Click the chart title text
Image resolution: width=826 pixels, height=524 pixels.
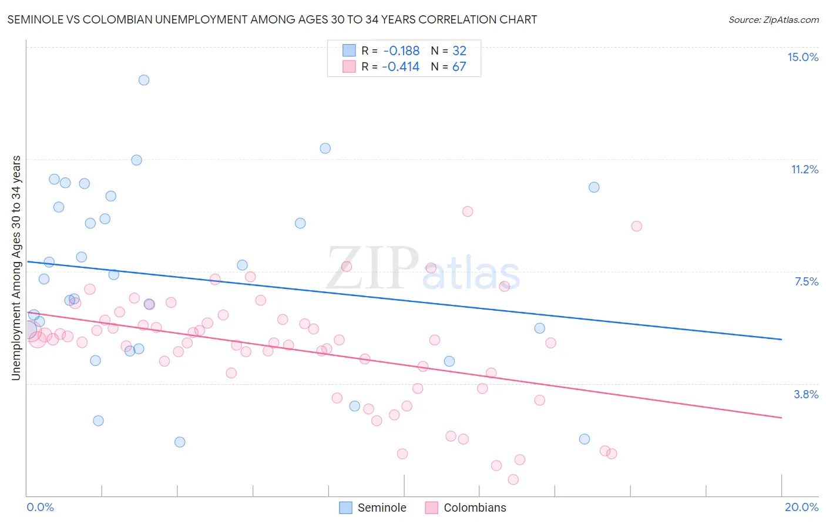[x=272, y=19]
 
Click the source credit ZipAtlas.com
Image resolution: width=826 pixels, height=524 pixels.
[x=773, y=20]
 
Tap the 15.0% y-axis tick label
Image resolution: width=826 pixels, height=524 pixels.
[x=803, y=57]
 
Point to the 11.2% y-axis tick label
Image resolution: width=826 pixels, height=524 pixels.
[x=804, y=169]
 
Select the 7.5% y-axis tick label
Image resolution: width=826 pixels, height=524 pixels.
[x=806, y=281]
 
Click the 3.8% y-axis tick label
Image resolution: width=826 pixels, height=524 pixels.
[x=806, y=394]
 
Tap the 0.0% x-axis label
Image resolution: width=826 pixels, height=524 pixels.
[x=41, y=507]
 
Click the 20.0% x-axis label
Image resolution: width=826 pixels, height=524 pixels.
[x=801, y=507]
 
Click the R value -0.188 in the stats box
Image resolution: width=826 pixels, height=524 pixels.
[x=401, y=51]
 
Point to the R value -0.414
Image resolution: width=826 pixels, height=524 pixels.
[x=401, y=67]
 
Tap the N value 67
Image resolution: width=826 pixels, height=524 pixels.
[x=459, y=67]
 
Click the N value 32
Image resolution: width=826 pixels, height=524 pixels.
[x=459, y=51]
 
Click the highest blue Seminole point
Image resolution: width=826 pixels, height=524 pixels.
[x=144, y=80]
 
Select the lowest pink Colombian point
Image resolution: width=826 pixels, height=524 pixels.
[x=513, y=479]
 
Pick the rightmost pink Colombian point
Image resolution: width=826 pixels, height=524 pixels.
[x=636, y=226]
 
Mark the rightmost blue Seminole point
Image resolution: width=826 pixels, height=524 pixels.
[x=594, y=187]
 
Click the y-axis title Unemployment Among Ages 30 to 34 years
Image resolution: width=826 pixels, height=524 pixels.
[x=16, y=268]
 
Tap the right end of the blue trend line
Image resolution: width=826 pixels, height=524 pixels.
[x=781, y=339]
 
